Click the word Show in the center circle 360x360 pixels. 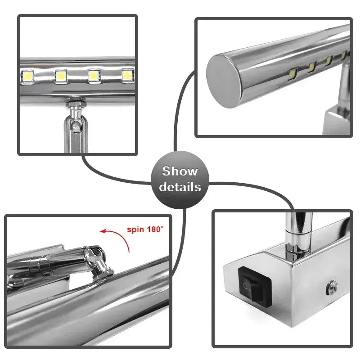(x=180, y=171)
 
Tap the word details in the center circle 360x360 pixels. (x=180, y=187)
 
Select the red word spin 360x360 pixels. (x=135, y=229)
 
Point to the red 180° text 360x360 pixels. (x=154, y=229)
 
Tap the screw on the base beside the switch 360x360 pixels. (x=333, y=285)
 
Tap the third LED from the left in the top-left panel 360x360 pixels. (x=94, y=76)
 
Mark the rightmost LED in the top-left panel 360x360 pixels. (x=127, y=75)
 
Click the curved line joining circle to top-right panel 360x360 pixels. (x=182, y=108)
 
